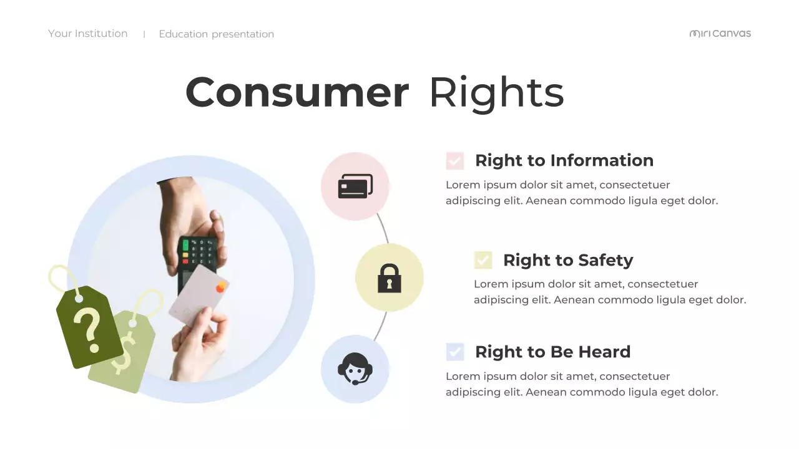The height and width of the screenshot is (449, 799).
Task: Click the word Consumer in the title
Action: tap(297, 92)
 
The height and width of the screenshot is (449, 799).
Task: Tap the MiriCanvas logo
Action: tap(720, 34)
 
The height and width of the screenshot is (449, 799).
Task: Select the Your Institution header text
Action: tap(88, 34)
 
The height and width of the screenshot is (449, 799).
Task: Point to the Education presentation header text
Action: tap(216, 34)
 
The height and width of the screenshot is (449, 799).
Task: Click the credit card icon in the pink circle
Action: tap(355, 186)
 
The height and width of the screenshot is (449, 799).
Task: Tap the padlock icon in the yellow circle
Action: tap(390, 278)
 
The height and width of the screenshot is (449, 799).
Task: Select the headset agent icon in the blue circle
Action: tap(355, 369)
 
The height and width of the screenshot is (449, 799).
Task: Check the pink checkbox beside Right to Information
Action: tap(455, 161)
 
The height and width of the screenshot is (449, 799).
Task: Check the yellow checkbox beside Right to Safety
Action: tap(483, 260)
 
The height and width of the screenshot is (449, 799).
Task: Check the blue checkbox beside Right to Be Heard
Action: tap(455, 352)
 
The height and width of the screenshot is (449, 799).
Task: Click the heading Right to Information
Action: tap(564, 160)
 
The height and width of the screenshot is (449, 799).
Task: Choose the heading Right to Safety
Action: tap(567, 260)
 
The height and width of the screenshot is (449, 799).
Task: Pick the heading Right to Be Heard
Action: tap(552, 352)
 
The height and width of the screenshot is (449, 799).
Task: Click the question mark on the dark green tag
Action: tap(88, 328)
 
